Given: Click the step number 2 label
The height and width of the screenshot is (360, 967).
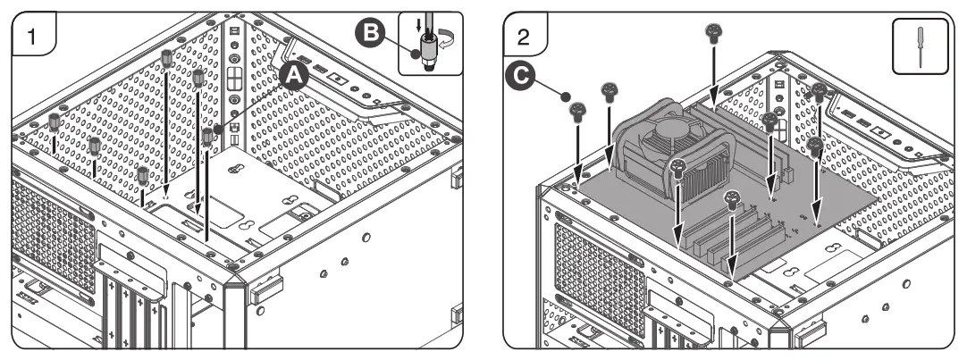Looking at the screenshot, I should (525, 38).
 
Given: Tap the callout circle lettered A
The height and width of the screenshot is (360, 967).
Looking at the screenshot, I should (294, 78).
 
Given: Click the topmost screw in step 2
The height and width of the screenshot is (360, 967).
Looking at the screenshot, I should (714, 34).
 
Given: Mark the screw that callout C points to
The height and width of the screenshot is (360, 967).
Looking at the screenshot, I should (578, 113).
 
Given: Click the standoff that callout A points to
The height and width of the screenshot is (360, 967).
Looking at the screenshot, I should (208, 136).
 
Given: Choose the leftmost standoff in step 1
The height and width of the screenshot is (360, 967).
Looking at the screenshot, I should (55, 120).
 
